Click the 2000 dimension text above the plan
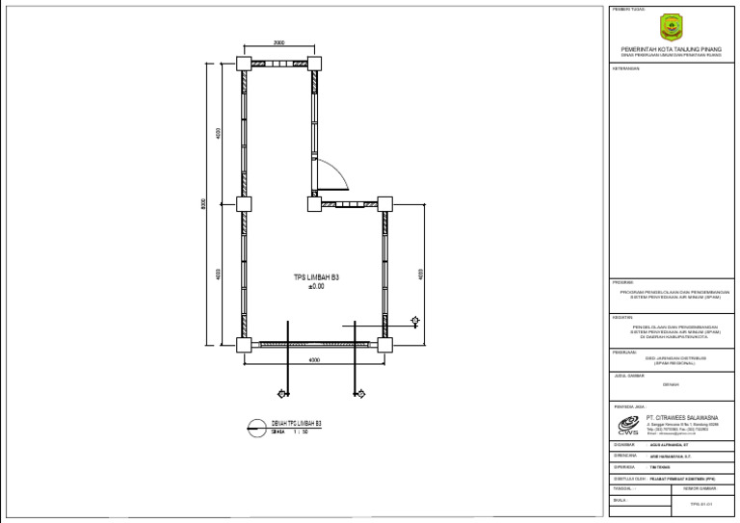click(x=278, y=43)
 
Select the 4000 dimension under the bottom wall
click(x=313, y=360)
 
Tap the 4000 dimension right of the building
click(x=420, y=274)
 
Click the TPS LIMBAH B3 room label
click(x=316, y=277)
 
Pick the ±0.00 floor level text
click(x=316, y=286)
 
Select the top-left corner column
click(x=243, y=63)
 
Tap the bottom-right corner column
click(x=384, y=344)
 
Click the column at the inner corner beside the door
click(x=314, y=203)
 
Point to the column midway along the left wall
click(x=243, y=203)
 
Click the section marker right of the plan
click(x=414, y=320)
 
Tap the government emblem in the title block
click(x=670, y=27)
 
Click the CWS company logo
click(x=628, y=427)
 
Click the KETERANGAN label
click(x=627, y=70)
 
